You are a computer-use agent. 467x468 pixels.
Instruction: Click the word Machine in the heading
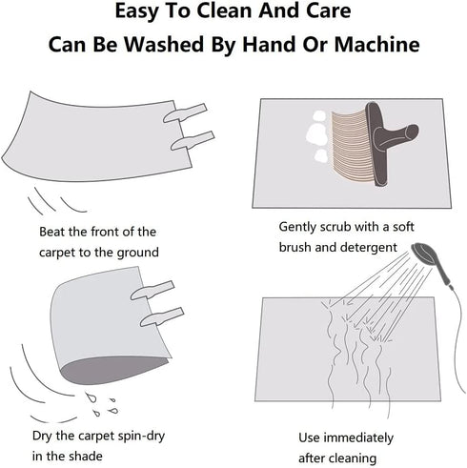pyautogui.click(x=376, y=44)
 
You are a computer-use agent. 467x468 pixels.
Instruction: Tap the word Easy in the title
pyautogui.click(x=136, y=11)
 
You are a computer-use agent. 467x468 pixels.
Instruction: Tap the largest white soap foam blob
pyautogui.click(x=316, y=134)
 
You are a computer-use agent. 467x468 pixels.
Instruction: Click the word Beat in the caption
pyautogui.click(x=51, y=232)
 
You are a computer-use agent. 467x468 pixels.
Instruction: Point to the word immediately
pyautogui.click(x=358, y=437)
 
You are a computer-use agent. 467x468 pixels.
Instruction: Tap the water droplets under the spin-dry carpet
pyautogui.click(x=101, y=404)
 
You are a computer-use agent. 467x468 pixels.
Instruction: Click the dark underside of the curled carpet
pyautogui.click(x=113, y=370)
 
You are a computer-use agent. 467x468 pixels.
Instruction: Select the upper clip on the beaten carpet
pyautogui.click(x=185, y=112)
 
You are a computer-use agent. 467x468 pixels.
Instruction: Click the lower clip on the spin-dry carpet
pyautogui.click(x=162, y=316)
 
